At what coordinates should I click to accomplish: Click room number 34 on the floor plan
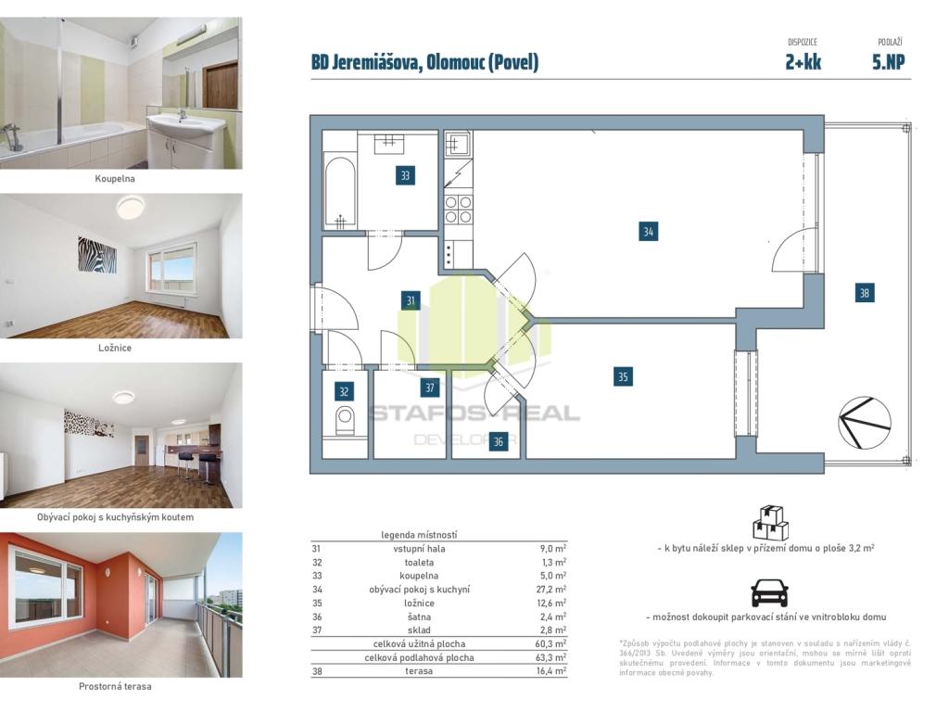(x=648, y=231)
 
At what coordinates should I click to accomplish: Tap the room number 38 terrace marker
(x=865, y=293)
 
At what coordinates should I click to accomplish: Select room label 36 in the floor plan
(x=498, y=442)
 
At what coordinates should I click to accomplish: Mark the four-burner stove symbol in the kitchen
(x=459, y=210)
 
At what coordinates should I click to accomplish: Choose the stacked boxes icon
(x=770, y=523)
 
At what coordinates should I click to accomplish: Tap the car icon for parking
(x=769, y=592)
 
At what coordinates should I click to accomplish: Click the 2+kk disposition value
(x=803, y=62)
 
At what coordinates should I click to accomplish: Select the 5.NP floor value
(x=889, y=62)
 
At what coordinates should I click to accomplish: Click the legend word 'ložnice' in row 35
(x=419, y=603)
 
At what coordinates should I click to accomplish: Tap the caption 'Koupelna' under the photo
(x=115, y=179)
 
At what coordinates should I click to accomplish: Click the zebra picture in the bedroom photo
(x=96, y=254)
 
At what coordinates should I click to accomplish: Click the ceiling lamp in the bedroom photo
(x=132, y=207)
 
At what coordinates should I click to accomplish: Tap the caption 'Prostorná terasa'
(x=115, y=686)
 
